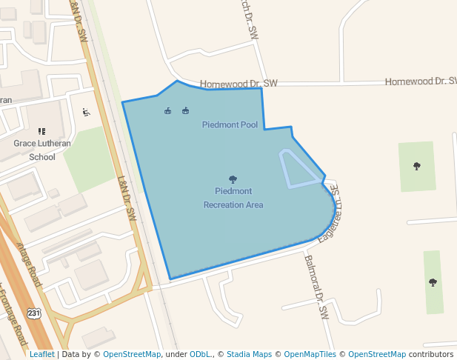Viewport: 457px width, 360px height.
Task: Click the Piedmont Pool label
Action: [230, 124]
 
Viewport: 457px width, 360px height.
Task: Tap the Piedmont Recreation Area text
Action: [233, 198]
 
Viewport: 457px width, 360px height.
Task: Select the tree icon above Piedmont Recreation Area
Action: [233, 179]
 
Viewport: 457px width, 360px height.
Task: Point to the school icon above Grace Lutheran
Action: [41, 131]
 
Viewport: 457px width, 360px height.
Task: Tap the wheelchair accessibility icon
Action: [86, 113]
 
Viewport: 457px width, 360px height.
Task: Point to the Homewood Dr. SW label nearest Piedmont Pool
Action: [239, 83]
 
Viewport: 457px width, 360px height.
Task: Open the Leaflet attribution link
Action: [41, 354]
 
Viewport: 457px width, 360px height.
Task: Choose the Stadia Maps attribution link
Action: [250, 354]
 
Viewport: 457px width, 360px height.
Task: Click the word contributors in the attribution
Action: [430, 354]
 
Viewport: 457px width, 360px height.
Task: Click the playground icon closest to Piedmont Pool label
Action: [185, 111]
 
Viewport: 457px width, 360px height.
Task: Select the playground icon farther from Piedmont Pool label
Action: [168, 111]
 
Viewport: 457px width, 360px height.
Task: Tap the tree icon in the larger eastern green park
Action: [416, 166]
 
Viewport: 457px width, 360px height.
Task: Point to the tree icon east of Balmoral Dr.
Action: [433, 281]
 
